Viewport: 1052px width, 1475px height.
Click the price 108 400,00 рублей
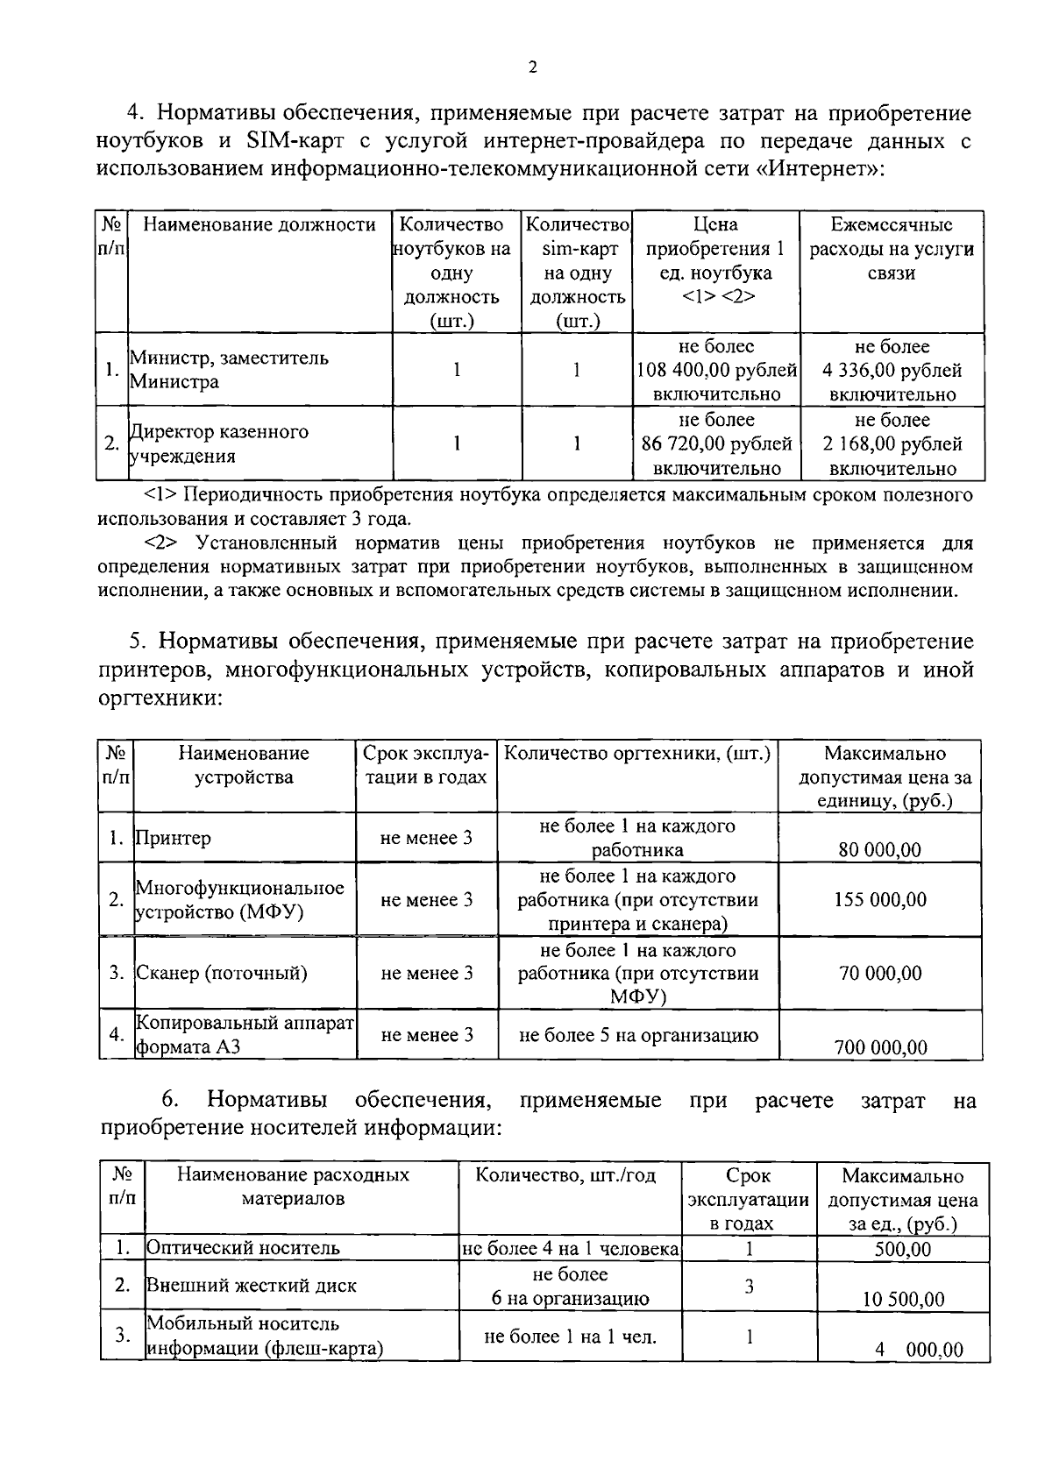click(716, 371)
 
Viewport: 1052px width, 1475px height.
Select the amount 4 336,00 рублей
click(892, 371)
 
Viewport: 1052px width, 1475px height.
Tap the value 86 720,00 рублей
click(716, 444)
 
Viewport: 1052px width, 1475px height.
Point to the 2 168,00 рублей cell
click(892, 444)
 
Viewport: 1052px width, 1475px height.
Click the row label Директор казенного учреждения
click(219, 443)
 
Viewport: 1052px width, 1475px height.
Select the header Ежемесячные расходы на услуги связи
click(892, 250)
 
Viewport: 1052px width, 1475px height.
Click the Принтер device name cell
click(174, 838)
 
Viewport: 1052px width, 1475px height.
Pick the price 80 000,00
click(879, 849)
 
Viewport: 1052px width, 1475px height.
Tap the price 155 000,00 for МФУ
click(879, 900)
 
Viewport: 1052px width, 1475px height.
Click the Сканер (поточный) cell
click(221, 973)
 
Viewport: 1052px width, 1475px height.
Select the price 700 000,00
click(879, 1047)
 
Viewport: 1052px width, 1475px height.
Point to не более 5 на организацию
click(638, 1035)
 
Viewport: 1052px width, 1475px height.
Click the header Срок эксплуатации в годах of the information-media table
click(748, 1200)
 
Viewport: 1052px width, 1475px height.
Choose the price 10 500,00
click(902, 1299)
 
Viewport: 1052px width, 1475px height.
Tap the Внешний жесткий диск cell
click(251, 1286)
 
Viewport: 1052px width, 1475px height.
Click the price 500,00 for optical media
click(902, 1249)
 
